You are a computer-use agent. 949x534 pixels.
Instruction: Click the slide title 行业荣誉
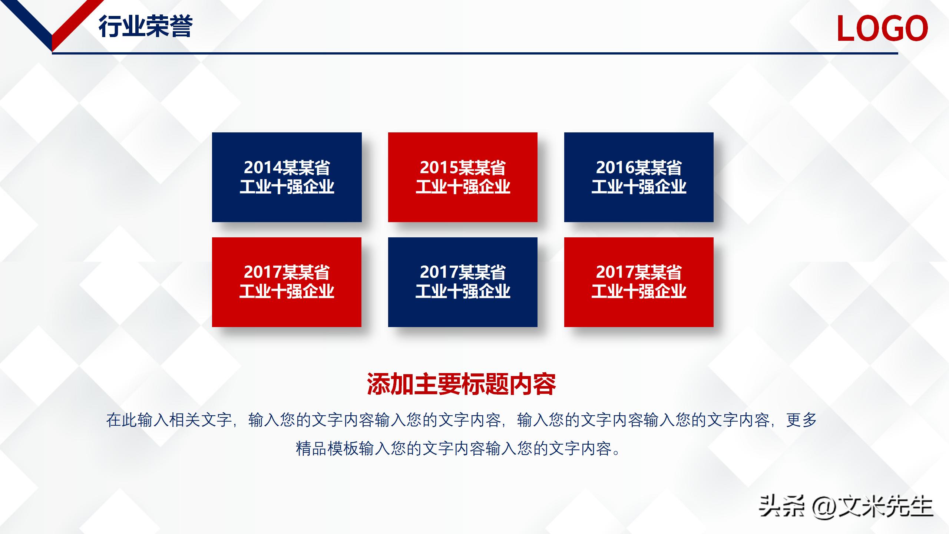point(145,27)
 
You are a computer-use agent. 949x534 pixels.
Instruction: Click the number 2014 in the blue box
point(262,168)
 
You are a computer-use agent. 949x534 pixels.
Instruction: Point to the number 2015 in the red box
point(439,168)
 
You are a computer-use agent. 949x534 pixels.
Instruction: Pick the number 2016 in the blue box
point(615,168)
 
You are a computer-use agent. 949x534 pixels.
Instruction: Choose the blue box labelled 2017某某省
point(463,282)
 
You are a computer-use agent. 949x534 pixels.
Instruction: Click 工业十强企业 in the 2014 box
point(287,187)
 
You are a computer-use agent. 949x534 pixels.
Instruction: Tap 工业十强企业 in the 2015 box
point(463,187)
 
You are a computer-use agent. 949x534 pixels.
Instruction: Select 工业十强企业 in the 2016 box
point(639,187)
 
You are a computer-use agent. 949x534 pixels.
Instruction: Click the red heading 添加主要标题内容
point(462,384)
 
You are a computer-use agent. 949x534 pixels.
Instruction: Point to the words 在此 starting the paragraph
point(122,420)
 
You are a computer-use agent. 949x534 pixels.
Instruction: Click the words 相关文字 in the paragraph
point(200,420)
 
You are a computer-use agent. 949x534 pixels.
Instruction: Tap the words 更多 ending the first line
point(801,420)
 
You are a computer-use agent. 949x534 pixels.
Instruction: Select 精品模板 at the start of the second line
point(327,449)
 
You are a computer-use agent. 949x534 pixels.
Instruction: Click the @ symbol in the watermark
point(824,507)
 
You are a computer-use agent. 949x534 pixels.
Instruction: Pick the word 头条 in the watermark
point(781,506)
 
